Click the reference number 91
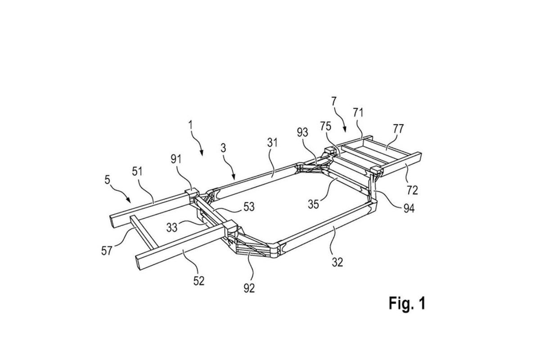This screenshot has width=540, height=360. tap(176, 159)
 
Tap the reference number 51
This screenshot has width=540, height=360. tap(137, 172)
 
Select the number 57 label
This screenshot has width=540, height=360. tap(107, 251)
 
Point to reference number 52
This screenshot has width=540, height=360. tap(199, 281)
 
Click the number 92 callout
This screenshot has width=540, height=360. tap(249, 288)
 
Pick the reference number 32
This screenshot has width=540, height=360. tap(337, 262)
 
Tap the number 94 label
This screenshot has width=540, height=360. tap(409, 208)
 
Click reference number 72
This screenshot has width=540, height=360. tap(412, 190)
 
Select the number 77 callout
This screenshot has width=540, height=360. tap(398, 129)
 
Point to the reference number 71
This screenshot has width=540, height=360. tap(358, 112)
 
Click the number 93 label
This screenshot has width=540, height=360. tap(302, 132)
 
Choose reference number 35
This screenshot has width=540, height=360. tap(313, 204)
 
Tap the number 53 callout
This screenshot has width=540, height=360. tap(249, 207)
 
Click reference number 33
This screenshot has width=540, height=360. tap(172, 227)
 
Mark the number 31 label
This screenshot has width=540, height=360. tap(272, 143)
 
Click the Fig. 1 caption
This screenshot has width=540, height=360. tap(407, 303)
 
